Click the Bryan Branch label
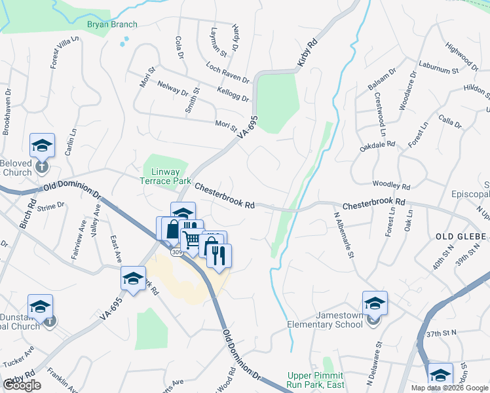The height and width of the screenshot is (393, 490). tap(112, 25)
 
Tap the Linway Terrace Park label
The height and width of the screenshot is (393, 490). tap(166, 176)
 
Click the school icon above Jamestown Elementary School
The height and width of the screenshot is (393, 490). tap(375, 304)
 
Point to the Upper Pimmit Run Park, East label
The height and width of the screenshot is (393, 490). tap(316, 380)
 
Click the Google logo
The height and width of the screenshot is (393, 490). tap(22, 385)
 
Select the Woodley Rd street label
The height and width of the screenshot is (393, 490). tap(390, 185)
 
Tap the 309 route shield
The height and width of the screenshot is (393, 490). tap(178, 251)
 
